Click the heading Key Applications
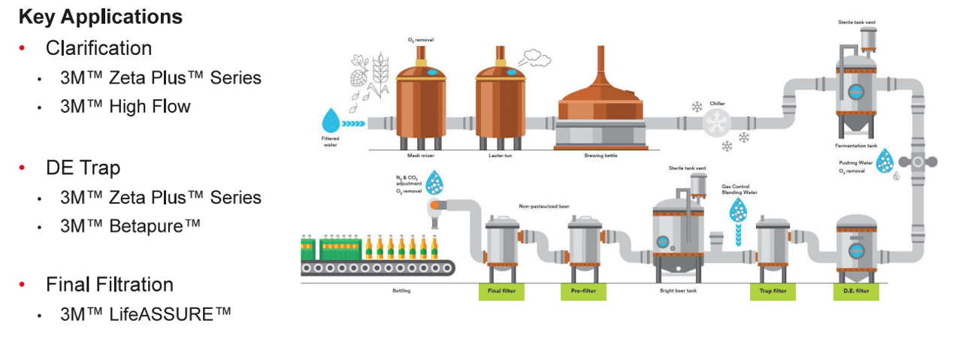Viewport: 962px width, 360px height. pyautogui.click(x=100, y=17)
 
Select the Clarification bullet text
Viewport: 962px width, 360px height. pyautogui.click(x=98, y=48)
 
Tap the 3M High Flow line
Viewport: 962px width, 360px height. pyautogui.click(x=126, y=107)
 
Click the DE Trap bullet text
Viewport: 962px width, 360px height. pyautogui.click(x=83, y=168)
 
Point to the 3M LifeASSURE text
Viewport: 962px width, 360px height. pyautogui.click(x=146, y=313)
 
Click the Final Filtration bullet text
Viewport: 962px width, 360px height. pyautogui.click(x=109, y=284)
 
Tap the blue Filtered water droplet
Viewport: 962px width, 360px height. pyautogui.click(x=331, y=121)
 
